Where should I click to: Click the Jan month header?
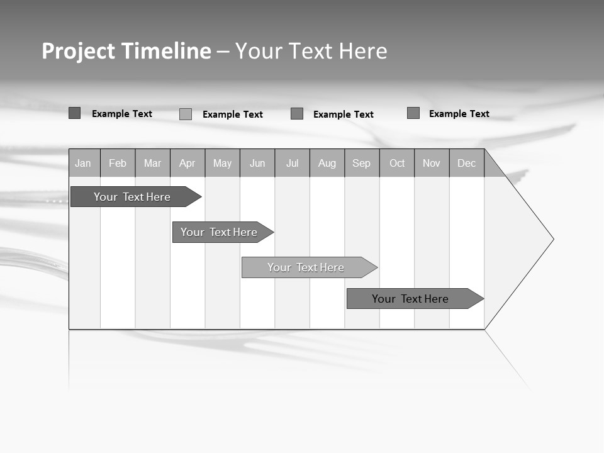83,163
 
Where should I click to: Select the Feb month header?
118,163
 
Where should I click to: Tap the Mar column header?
152,163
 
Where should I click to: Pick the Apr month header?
187,163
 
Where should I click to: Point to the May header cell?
222,163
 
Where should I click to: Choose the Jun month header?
257,163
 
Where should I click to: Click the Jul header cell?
292,163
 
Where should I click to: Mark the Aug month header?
327,163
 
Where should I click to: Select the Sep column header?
362,163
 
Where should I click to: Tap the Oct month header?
397,163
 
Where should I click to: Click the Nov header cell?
432,163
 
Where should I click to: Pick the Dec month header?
467,163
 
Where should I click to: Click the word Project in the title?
78,51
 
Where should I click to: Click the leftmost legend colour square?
74,113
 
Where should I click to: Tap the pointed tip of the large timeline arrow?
552,239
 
